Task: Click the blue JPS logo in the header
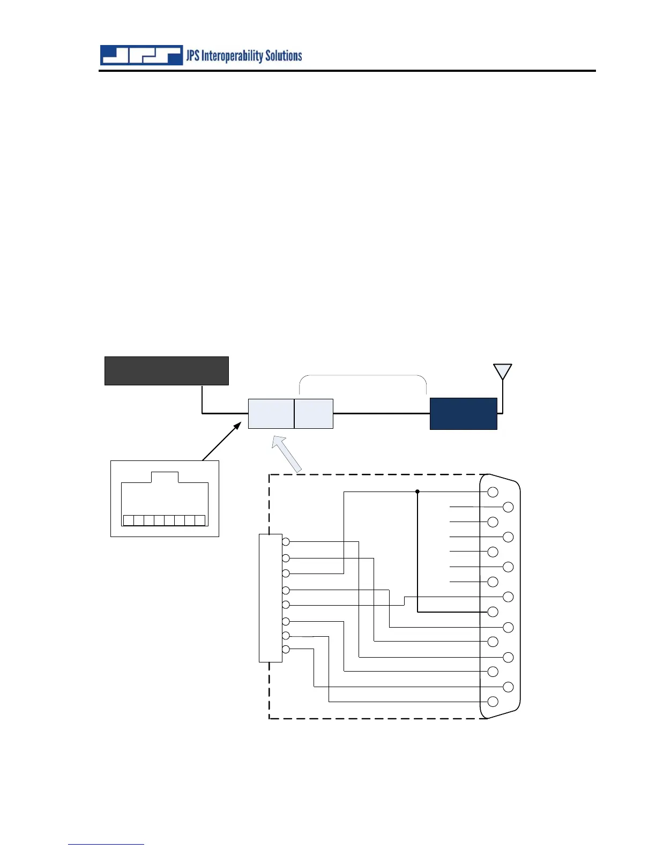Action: (141, 55)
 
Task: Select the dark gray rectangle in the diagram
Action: (166, 370)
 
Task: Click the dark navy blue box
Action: (463, 413)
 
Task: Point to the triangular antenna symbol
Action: (502, 371)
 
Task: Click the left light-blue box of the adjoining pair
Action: (271, 413)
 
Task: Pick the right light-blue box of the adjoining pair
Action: (314, 413)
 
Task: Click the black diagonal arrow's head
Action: (237, 426)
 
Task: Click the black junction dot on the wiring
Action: (417, 491)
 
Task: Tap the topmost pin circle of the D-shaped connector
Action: (493, 492)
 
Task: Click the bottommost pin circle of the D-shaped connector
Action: (493, 702)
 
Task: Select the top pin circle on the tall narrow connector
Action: (286, 542)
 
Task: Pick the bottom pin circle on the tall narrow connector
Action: (286, 650)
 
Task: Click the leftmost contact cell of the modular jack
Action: (129, 520)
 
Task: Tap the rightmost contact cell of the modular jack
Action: (200, 520)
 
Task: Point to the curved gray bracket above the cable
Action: (362, 376)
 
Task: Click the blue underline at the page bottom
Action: (106, 844)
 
